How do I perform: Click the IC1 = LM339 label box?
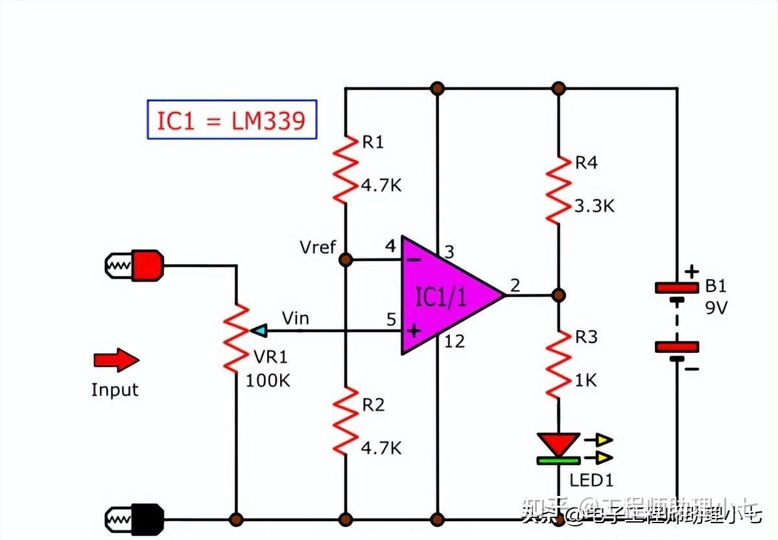[231, 120]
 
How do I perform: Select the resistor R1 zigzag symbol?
[345, 168]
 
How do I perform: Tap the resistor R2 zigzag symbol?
[345, 421]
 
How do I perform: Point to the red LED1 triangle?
[558, 444]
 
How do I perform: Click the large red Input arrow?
[117, 361]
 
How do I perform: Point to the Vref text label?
[318, 247]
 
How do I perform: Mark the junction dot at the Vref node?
[346, 260]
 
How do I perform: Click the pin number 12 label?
[454, 341]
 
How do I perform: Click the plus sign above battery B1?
[692, 271]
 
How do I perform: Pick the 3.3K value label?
[594, 207]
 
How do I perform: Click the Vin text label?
[295, 318]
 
